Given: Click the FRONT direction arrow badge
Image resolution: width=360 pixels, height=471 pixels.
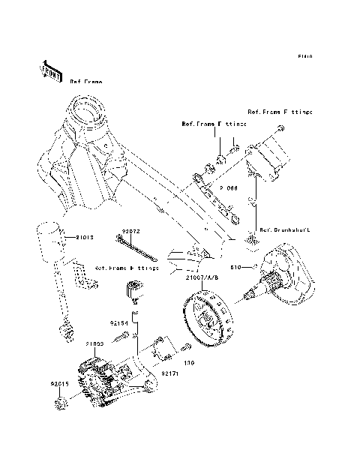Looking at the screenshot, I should click(50, 70).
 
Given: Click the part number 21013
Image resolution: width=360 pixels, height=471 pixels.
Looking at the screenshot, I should click(85, 237).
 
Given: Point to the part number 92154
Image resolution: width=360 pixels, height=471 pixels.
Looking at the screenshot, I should click(120, 323).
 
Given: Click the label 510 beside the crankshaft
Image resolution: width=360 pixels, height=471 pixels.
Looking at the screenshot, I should click(234, 267).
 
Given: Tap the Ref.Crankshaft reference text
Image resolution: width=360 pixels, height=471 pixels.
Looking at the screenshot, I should click(284, 230).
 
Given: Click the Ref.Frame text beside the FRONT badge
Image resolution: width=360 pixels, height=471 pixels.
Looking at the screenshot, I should click(86, 80).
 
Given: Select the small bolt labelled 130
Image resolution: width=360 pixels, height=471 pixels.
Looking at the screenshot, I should click(186, 346).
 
